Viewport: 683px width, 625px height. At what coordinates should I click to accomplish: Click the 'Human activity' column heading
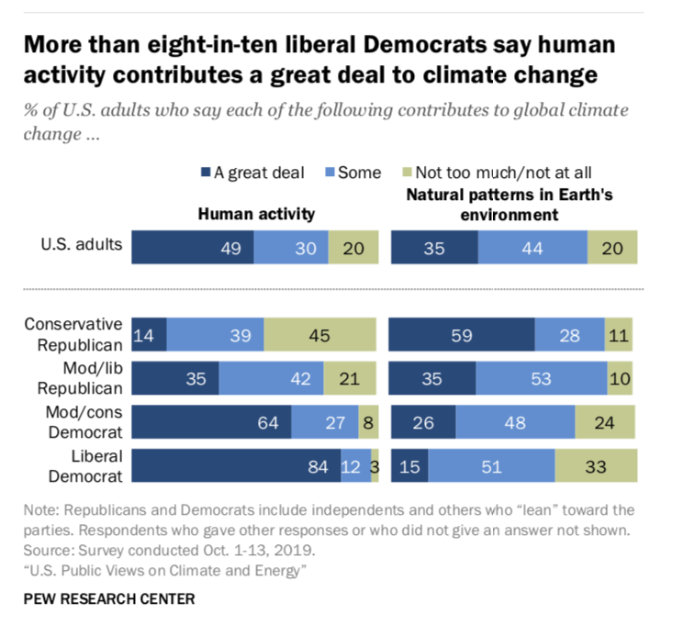click(x=256, y=214)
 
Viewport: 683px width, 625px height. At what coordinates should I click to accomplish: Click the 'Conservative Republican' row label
click(x=73, y=335)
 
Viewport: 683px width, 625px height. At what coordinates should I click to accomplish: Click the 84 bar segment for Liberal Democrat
click(x=236, y=466)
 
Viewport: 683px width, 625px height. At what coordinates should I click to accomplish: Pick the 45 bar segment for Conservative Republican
click(x=320, y=336)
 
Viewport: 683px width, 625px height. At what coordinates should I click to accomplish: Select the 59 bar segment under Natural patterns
click(x=462, y=336)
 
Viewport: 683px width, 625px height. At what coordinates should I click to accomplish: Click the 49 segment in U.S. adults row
click(x=193, y=248)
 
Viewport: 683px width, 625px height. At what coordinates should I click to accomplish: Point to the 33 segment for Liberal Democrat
click(x=596, y=466)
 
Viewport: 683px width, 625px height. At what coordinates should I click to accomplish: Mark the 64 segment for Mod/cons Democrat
click(x=212, y=422)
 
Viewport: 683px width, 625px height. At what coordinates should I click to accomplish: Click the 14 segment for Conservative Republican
click(x=149, y=336)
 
